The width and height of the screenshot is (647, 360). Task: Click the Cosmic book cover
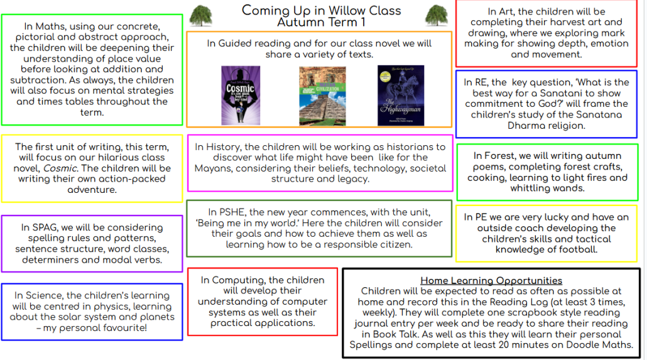pyautogui.click(x=241, y=95)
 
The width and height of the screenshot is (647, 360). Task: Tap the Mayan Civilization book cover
pyautogui.click(x=322, y=95)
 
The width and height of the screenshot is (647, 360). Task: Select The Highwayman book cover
pyautogui.click(x=401, y=95)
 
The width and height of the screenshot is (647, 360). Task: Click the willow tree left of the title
pyautogui.click(x=201, y=16)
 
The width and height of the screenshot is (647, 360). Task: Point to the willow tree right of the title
pyautogui.click(x=436, y=16)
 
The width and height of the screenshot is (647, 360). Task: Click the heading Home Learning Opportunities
pyautogui.click(x=491, y=281)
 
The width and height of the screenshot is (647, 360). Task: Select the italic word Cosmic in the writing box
pyautogui.click(x=60, y=168)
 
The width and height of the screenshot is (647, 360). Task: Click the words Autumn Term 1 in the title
pyautogui.click(x=322, y=22)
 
